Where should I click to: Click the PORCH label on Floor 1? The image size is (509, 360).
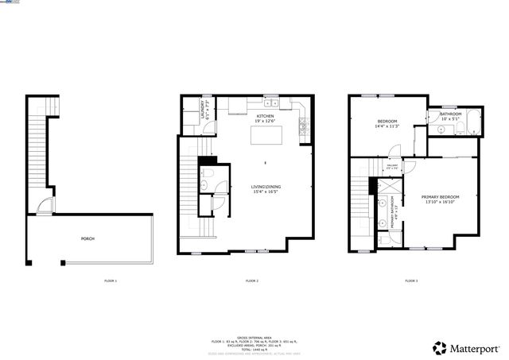pos(87,238)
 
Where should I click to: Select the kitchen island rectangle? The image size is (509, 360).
pos(266,137)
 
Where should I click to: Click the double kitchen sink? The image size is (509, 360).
pos(270,103)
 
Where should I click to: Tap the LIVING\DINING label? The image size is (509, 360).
pos(266,188)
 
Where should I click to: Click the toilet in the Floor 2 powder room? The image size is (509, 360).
pos(204,186)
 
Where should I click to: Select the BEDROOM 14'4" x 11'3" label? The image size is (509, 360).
pos(387,123)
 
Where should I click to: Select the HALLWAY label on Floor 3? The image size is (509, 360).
pos(390,168)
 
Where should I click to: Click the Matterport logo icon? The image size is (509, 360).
pos(440,347)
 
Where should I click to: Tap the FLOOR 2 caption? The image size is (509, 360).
pos(252,281)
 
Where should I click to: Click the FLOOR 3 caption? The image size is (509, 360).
pos(411,281)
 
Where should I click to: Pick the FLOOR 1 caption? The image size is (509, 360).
pos(111,281)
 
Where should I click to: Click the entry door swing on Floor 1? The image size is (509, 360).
pos(49,207)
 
